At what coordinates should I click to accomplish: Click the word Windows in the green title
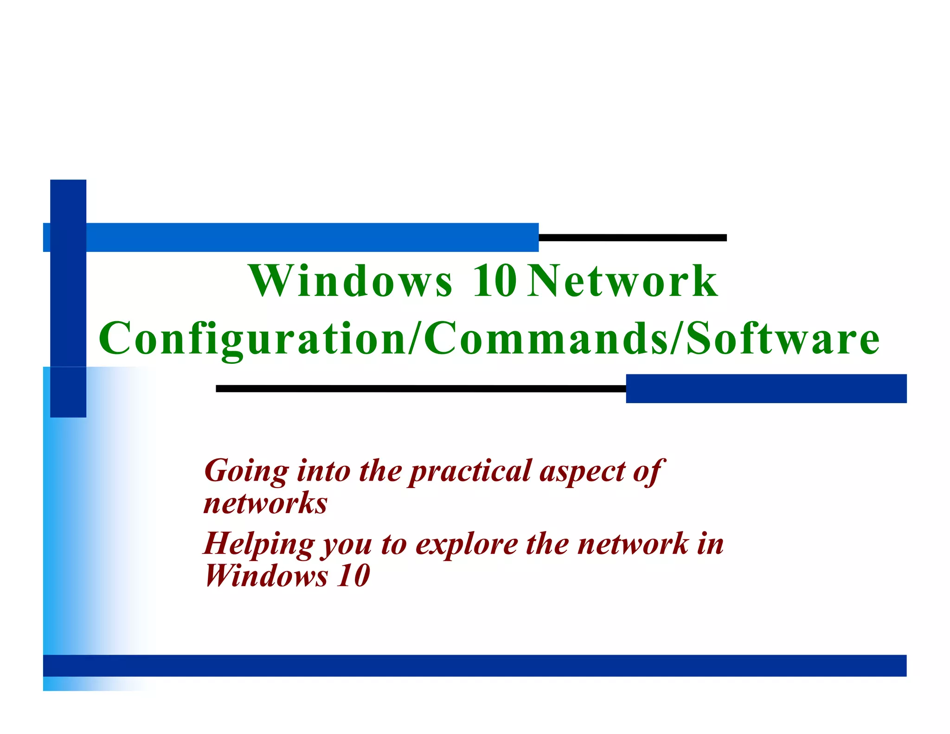(350, 281)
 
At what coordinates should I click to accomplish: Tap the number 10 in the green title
(494, 281)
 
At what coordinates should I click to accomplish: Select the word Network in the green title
(623, 281)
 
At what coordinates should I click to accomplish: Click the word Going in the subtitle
(246, 472)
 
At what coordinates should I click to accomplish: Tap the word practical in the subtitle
(470, 472)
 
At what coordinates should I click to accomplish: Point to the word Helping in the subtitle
(259, 545)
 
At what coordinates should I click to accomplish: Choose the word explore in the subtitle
(466, 545)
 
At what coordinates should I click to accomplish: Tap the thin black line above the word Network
(632, 238)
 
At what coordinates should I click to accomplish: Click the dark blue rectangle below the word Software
(766, 388)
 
